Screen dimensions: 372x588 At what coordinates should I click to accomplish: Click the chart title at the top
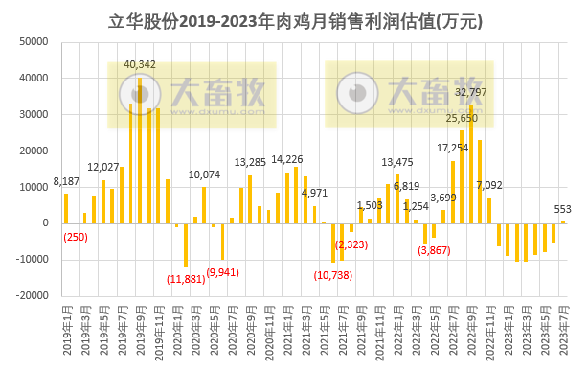[x=294, y=20]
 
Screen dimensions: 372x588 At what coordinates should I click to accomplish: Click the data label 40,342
[x=140, y=64]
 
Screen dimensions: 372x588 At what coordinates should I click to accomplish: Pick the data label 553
[x=564, y=210]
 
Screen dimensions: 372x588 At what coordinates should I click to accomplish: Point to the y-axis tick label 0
[x=46, y=223]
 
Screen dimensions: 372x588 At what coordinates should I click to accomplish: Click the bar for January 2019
[x=66, y=208]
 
